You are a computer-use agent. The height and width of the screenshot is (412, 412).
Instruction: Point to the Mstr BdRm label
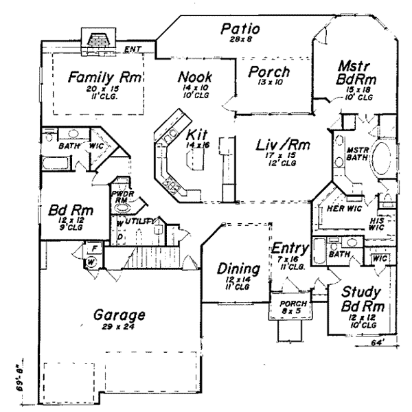click(x=355, y=73)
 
